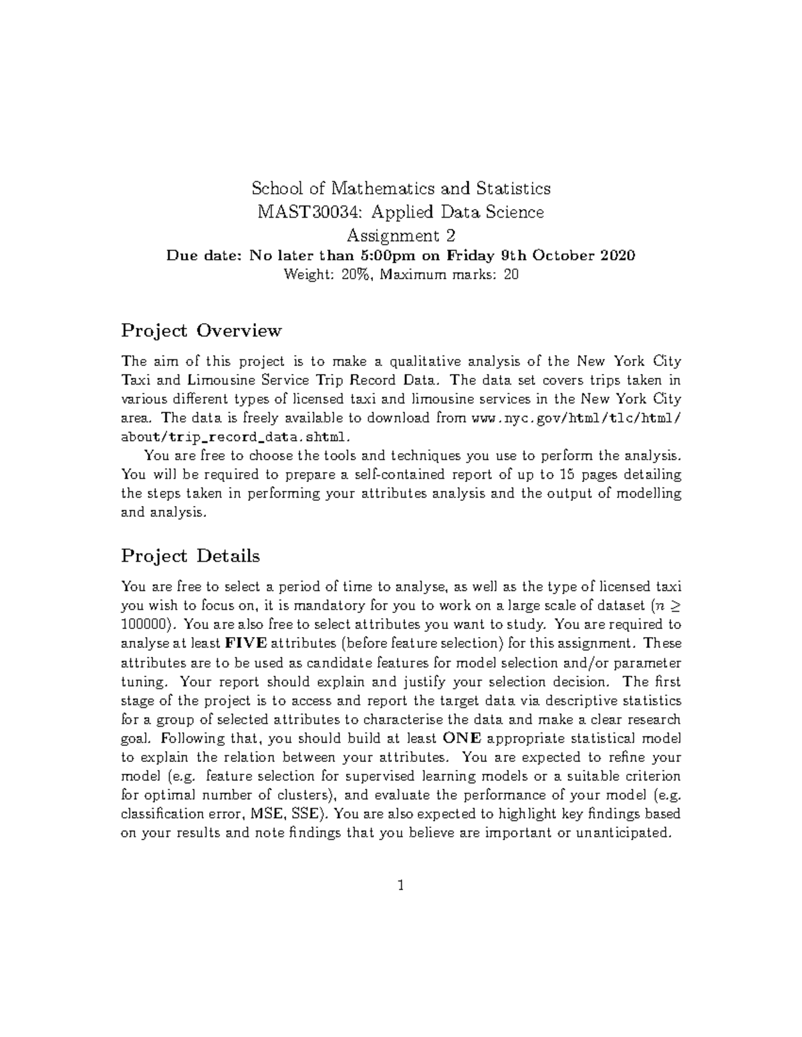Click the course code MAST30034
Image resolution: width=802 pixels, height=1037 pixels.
pyautogui.click(x=311, y=212)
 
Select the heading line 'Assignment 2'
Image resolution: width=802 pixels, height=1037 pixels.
pyautogui.click(x=401, y=236)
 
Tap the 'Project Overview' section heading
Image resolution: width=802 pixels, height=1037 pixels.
pyautogui.click(x=201, y=331)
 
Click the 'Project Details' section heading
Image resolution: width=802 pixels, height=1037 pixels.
pyautogui.click(x=190, y=556)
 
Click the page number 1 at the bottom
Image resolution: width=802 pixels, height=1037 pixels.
pyautogui.click(x=400, y=886)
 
